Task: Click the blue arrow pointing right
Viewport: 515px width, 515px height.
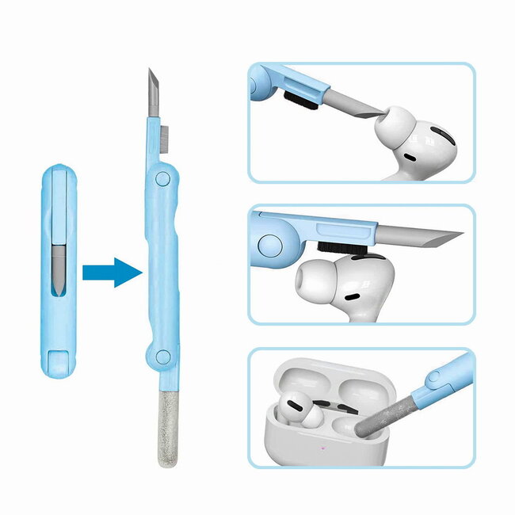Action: point(112,272)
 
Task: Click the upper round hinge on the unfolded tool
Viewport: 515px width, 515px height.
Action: point(161,178)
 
